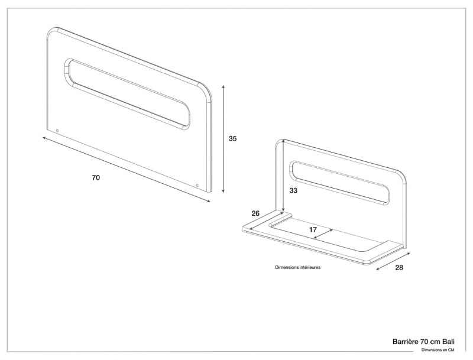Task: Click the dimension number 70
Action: (x=96, y=177)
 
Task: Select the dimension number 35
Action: (x=232, y=139)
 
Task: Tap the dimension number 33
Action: (x=293, y=191)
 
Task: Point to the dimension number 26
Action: (x=255, y=213)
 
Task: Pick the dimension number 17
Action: (x=313, y=229)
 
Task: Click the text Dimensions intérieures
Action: (x=298, y=267)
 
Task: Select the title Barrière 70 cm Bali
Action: (x=423, y=342)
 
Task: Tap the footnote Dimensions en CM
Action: (x=438, y=350)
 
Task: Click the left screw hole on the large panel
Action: (x=57, y=130)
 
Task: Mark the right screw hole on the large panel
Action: (x=197, y=185)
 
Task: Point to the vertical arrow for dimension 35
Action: (x=223, y=139)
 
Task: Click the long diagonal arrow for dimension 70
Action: (x=126, y=168)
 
